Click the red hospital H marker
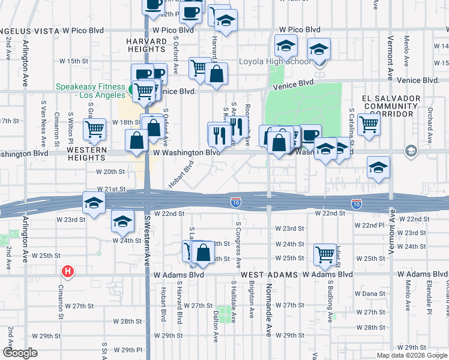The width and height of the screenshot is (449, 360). pyautogui.click(x=68, y=272)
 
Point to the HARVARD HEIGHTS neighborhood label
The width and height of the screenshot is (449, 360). pyautogui.click(x=146, y=46)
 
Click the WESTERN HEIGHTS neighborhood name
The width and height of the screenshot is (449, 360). pyautogui.click(x=86, y=154)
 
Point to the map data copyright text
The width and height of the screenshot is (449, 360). pyautogui.click(x=412, y=355)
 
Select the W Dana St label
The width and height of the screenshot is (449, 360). pyautogui.click(x=369, y=293)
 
